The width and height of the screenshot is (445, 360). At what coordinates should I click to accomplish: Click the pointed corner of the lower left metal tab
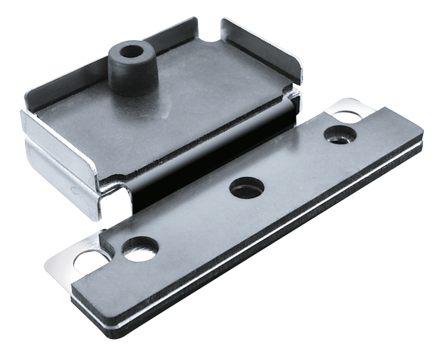[47, 266]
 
